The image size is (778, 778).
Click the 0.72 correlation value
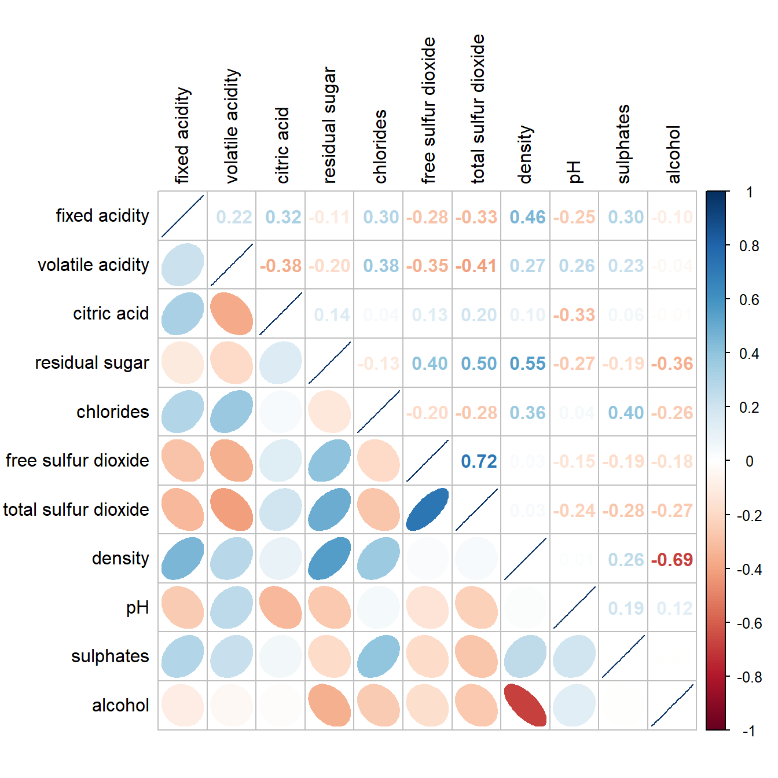point(479,461)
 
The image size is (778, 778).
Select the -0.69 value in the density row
point(672,560)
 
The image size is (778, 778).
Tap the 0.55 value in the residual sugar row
point(527,364)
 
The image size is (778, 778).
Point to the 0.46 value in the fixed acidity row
point(527,217)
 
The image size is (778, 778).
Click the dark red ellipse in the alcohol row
point(526,705)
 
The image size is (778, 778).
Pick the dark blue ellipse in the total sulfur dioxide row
point(427,509)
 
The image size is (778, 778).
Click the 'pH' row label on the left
point(137,607)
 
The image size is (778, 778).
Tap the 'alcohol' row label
point(120,705)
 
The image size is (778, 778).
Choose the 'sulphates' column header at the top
point(623,144)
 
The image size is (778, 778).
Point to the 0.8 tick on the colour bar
point(749,246)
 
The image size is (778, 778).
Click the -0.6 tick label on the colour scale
point(749,623)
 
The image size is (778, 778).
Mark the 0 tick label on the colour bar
point(749,461)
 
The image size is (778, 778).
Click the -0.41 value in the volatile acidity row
point(476,266)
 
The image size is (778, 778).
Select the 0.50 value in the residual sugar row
point(479,364)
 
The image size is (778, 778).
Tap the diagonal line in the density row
point(525,559)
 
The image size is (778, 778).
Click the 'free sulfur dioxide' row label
point(77,460)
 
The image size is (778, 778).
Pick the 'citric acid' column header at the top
point(282,145)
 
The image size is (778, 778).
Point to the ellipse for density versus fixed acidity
point(182,559)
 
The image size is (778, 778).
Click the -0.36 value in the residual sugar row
point(672,364)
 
